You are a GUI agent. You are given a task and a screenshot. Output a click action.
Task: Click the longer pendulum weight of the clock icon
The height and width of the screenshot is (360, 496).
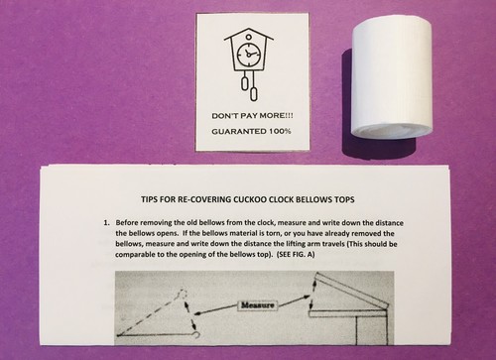click(254, 94)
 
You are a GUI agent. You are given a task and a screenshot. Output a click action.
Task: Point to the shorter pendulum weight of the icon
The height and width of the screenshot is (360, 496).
click(244, 83)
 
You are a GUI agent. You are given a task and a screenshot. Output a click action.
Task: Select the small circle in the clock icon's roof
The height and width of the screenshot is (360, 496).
click(249, 33)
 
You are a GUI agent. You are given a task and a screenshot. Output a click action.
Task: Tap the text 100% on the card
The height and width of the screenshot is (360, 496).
click(280, 131)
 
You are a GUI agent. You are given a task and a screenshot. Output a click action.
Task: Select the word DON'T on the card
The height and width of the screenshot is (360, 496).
click(223, 116)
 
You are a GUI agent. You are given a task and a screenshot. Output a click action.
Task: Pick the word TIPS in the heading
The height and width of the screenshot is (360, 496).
click(149, 199)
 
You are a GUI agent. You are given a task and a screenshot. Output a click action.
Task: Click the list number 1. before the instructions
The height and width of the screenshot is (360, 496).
click(106, 223)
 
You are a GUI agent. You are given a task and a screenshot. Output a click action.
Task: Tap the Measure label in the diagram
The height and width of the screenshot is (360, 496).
click(258, 305)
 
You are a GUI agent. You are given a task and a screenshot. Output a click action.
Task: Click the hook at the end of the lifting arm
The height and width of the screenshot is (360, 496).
click(196, 335)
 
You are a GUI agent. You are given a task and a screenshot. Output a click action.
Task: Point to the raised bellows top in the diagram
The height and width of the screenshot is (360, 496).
click(350, 290)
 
